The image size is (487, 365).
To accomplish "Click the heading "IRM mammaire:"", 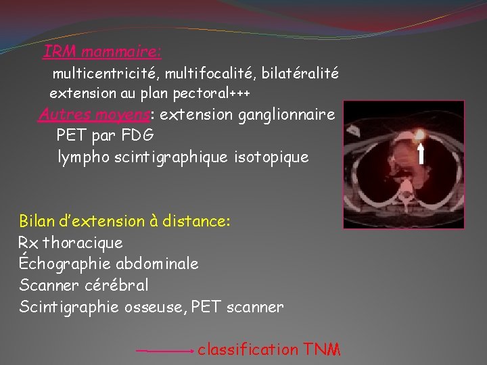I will coord(102,51).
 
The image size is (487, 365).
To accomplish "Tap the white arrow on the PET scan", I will coord(421,153).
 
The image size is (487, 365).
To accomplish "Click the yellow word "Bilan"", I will coord(39,221).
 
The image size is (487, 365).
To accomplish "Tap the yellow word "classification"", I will coord(248,349).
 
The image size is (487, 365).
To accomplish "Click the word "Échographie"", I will coord(64,263).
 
